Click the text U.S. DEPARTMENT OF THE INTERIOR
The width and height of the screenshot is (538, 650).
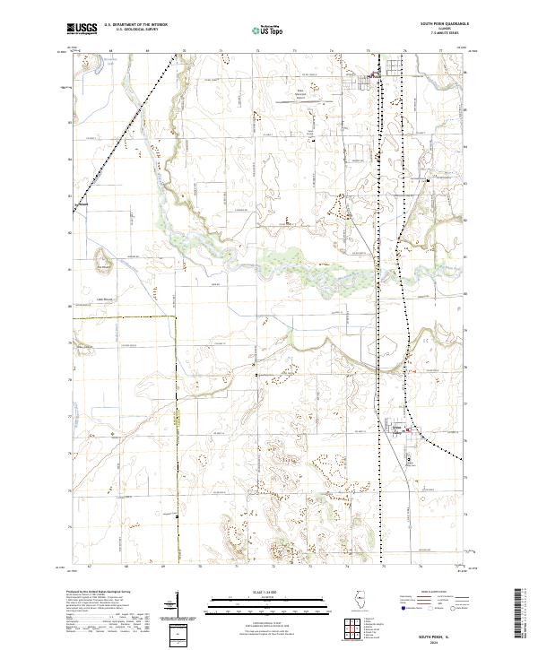tap(135, 25)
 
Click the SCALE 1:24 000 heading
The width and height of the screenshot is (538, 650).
tap(268, 591)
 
